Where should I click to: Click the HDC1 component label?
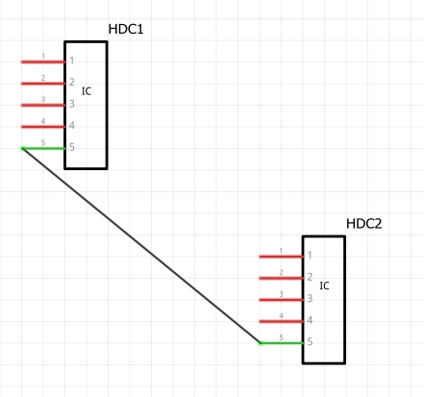coord(126,29)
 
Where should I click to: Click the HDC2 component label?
coord(364,224)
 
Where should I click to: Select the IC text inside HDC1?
coord(87,91)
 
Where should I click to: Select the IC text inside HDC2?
coord(324,285)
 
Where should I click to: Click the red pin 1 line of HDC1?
coord(43,62)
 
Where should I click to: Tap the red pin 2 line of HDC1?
coord(43,84)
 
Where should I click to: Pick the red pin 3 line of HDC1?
coord(43,105)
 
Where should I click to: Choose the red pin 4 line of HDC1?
coord(43,127)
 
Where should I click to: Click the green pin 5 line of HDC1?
coord(43,148)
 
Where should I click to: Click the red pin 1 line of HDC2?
coord(281,257)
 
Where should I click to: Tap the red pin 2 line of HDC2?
coord(281,278)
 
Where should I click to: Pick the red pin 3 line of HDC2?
coord(281,300)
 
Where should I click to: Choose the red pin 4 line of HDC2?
coord(281,321)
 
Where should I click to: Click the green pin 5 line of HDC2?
coord(282,343)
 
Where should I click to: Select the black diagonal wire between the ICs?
coord(141,246)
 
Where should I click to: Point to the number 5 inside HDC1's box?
coord(72,147)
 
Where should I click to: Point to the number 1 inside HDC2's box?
coord(310,255)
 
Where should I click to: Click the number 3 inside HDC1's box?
coord(72,104)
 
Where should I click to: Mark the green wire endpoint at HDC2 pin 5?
coord(261,343)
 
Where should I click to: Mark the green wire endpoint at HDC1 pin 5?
coord(23,148)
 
